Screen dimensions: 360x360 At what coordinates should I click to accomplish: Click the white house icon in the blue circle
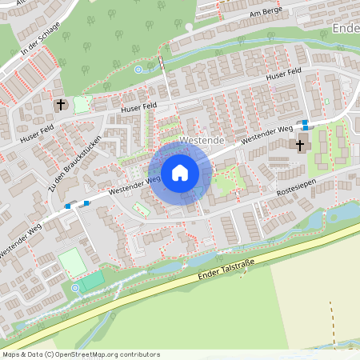pyautogui.click(x=179, y=172)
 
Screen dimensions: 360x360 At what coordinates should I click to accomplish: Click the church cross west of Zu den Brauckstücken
pyautogui.click(x=61, y=105)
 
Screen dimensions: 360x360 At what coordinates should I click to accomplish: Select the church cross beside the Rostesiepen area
pyautogui.click(x=301, y=146)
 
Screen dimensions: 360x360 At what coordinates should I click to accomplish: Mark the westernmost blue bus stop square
pyautogui.click(x=67, y=206)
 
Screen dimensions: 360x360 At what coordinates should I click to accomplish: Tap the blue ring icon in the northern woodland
pyautogui.click(x=138, y=70)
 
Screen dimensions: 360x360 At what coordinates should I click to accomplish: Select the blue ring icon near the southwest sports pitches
pyautogui.click(x=76, y=287)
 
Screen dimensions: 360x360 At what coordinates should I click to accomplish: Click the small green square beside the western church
pyautogui.click(x=81, y=105)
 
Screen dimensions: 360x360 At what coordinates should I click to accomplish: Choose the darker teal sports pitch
pyautogui.click(x=91, y=281)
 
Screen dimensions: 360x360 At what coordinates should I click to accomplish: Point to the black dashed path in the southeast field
pyautogui.click(x=331, y=320)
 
